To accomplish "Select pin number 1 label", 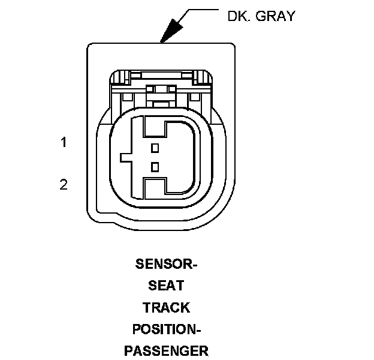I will [63, 143].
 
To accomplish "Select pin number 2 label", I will [63, 184].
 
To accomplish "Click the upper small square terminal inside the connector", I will [155, 147].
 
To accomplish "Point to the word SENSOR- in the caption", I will [167, 264].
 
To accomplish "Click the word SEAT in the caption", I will [166, 286].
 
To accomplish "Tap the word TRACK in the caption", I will [166, 308].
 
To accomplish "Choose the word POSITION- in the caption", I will [166, 329].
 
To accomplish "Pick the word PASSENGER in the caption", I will [166, 351].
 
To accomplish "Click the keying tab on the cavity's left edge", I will [126, 157].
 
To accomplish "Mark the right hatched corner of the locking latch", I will [204, 77].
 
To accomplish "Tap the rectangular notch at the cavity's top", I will [155, 127].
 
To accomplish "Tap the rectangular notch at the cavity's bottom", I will [155, 187].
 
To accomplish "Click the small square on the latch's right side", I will [195, 96].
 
